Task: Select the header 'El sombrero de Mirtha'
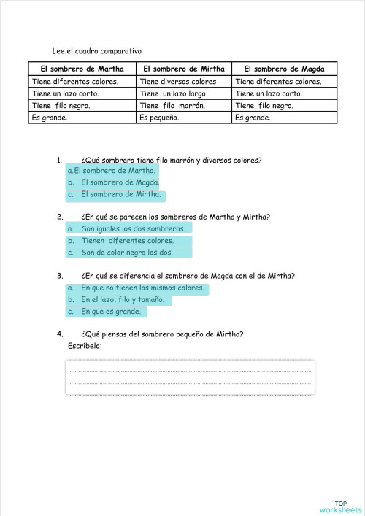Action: (183, 68)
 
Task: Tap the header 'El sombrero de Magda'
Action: (285, 68)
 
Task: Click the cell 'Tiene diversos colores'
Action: (178, 82)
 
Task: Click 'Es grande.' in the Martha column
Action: (48, 117)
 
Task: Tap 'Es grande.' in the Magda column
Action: (253, 117)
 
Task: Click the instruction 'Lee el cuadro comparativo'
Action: (96, 51)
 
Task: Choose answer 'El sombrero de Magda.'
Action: (120, 182)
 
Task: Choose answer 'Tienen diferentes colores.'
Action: (127, 240)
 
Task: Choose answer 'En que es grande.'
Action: (110, 312)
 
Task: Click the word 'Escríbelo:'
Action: (85, 345)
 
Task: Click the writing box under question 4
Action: (190, 378)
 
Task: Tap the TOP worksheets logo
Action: (340, 506)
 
